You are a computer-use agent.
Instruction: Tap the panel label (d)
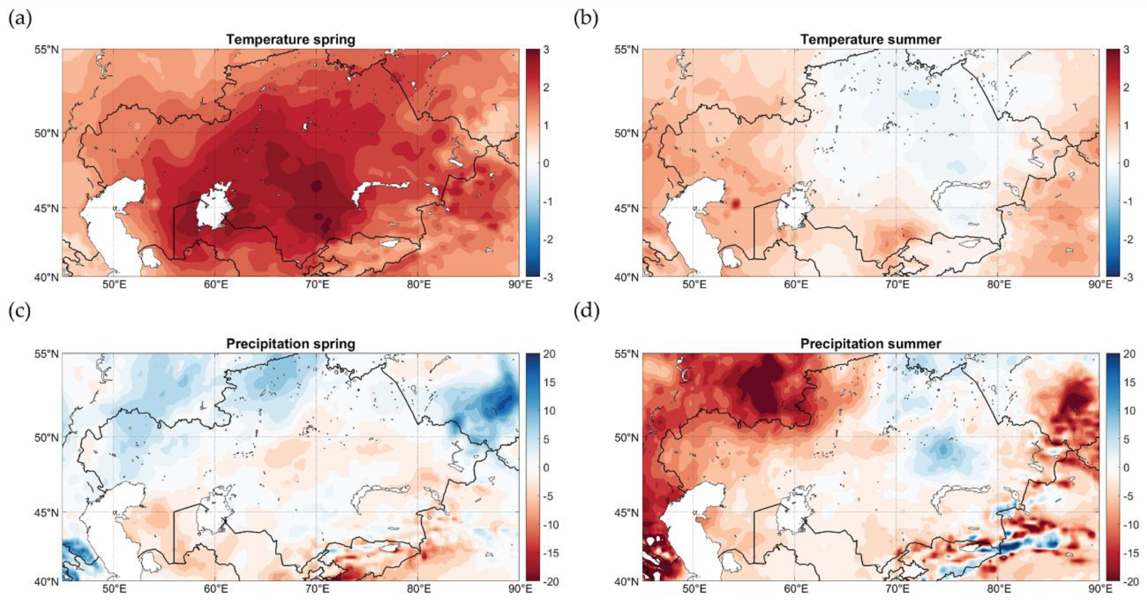point(586,311)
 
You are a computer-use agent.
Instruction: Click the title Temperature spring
point(290,40)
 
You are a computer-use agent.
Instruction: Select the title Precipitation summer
point(871,344)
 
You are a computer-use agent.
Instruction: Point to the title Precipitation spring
point(290,344)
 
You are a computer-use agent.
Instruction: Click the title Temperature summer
point(871,40)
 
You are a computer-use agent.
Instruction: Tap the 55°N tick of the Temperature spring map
point(46,49)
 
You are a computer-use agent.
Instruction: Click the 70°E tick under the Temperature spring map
point(317,285)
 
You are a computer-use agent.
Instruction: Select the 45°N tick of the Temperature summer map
point(627,208)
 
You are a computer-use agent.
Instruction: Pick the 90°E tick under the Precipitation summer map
point(1099,589)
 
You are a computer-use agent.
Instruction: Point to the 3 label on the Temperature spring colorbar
point(546,50)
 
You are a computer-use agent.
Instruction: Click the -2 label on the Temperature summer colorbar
point(1125,240)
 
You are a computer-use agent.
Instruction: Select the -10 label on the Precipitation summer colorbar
point(1130,525)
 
